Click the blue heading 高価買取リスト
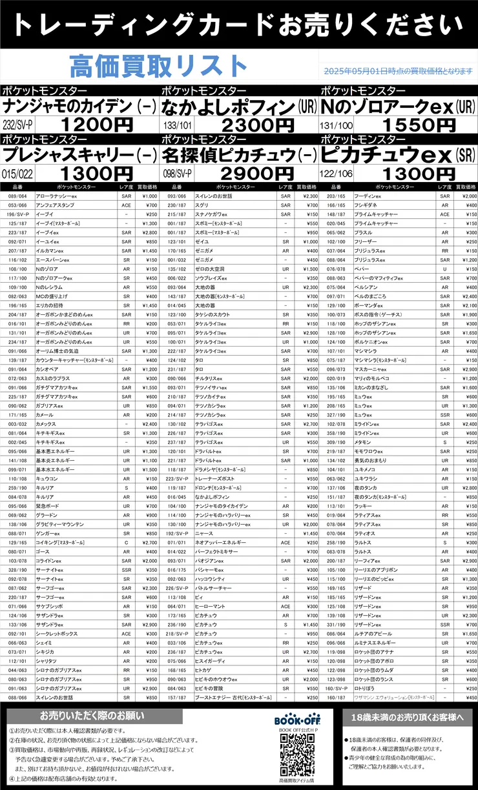(158, 66)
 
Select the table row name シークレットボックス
(54, 634)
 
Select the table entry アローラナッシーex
(52, 196)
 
